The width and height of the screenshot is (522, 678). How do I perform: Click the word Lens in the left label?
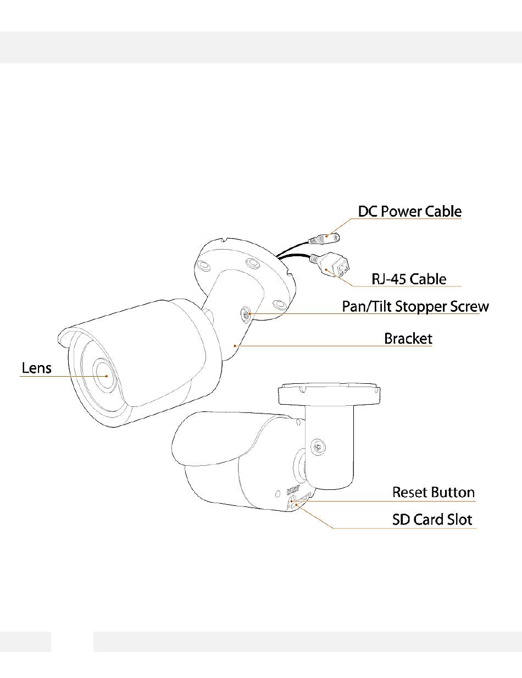coord(36,367)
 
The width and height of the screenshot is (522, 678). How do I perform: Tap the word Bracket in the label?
coord(408,338)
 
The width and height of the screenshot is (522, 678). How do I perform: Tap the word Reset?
coord(410,492)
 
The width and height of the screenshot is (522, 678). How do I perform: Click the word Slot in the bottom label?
coord(458,519)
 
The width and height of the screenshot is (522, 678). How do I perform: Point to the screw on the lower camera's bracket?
coord(318,448)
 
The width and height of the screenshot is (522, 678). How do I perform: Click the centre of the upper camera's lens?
coord(103,374)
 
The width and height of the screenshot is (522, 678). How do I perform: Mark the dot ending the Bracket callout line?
coord(235,346)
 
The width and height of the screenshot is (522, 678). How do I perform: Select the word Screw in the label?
coord(468,306)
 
